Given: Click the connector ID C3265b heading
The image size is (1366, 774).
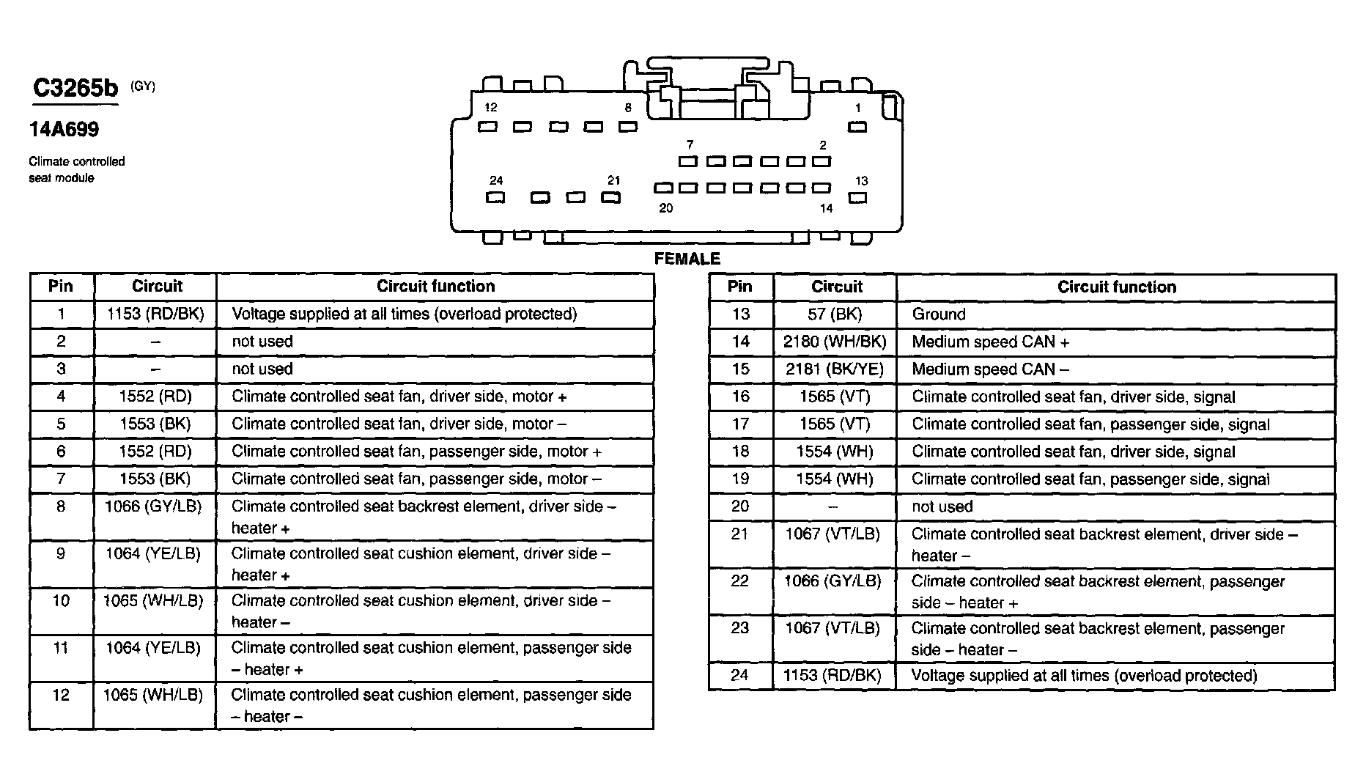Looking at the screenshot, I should pyautogui.click(x=75, y=89).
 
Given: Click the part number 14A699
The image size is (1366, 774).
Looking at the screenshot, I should pyautogui.click(x=64, y=130).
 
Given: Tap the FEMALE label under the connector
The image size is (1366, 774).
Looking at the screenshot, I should pyautogui.click(x=687, y=259).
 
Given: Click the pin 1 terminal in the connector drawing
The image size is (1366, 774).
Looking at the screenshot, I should pyautogui.click(x=857, y=128).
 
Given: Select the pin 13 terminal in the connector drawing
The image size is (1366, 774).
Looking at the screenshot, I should pyautogui.click(x=857, y=198).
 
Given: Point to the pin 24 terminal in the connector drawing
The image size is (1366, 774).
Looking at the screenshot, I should pyautogui.click(x=495, y=198).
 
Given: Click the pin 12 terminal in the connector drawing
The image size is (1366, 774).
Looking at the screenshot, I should pyautogui.click(x=487, y=128).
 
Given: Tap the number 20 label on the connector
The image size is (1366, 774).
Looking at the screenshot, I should pyautogui.click(x=665, y=208).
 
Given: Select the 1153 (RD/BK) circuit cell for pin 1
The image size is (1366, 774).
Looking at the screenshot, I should pyautogui.click(x=155, y=314).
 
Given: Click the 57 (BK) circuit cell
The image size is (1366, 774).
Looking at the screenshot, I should pyautogui.click(x=835, y=314).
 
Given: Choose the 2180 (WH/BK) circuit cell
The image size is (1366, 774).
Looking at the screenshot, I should pyautogui.click(x=835, y=342).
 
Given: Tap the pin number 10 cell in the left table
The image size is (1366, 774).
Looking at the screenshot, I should pyautogui.click(x=61, y=601).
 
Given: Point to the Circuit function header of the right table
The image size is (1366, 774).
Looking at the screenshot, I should pyautogui.click(x=1116, y=287).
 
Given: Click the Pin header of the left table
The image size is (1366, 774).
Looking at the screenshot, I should pyautogui.click(x=61, y=287).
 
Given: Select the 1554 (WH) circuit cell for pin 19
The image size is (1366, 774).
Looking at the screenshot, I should pyautogui.click(x=835, y=479).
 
